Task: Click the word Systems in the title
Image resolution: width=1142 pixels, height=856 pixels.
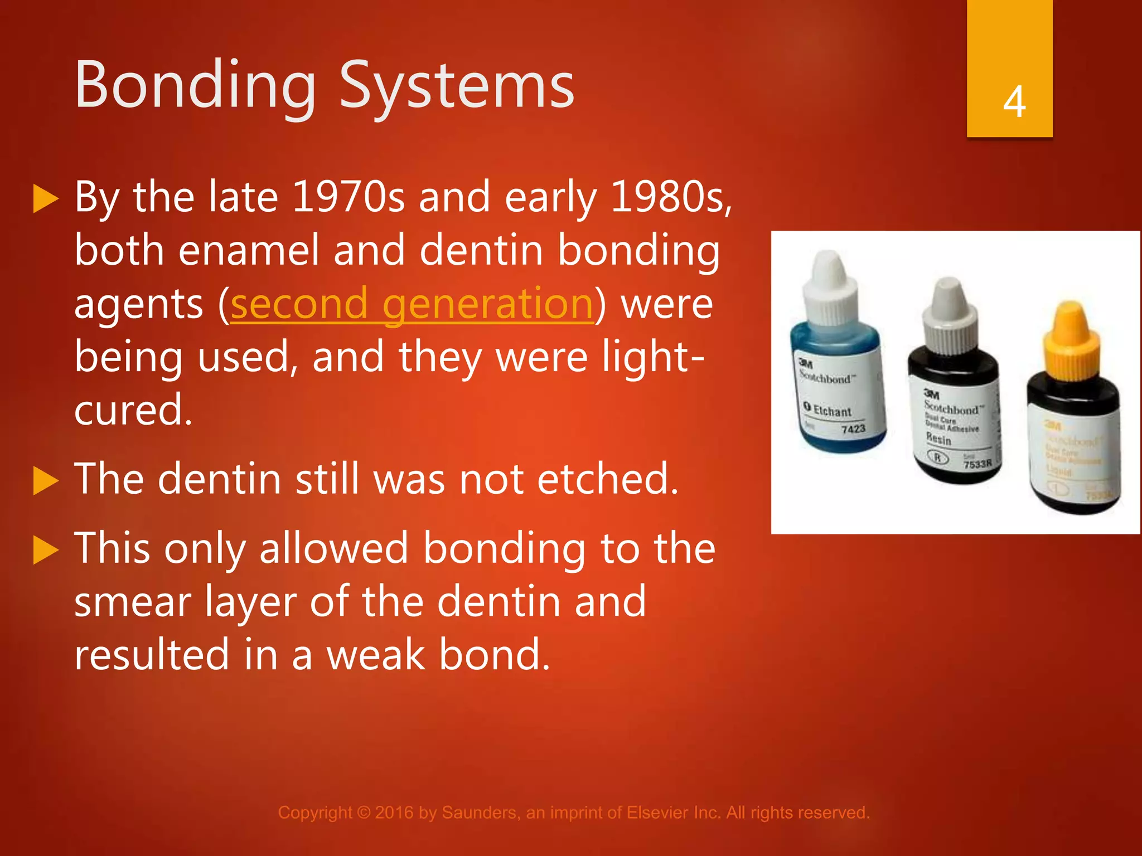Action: point(457,86)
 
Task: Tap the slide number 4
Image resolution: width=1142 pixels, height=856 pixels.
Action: point(1014,102)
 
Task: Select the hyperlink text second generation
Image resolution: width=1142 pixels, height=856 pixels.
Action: point(412,304)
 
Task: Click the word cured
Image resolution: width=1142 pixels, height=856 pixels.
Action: point(133,410)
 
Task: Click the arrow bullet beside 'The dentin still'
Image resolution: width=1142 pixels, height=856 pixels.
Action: point(46,480)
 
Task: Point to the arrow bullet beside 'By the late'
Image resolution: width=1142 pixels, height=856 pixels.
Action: point(46,199)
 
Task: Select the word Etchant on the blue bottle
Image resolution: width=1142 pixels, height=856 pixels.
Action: point(832,411)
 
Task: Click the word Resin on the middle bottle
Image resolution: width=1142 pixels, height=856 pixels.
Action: point(938,439)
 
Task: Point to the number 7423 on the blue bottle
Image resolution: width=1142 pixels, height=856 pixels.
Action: point(853,429)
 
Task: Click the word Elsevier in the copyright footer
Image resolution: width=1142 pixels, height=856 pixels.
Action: point(657,813)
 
